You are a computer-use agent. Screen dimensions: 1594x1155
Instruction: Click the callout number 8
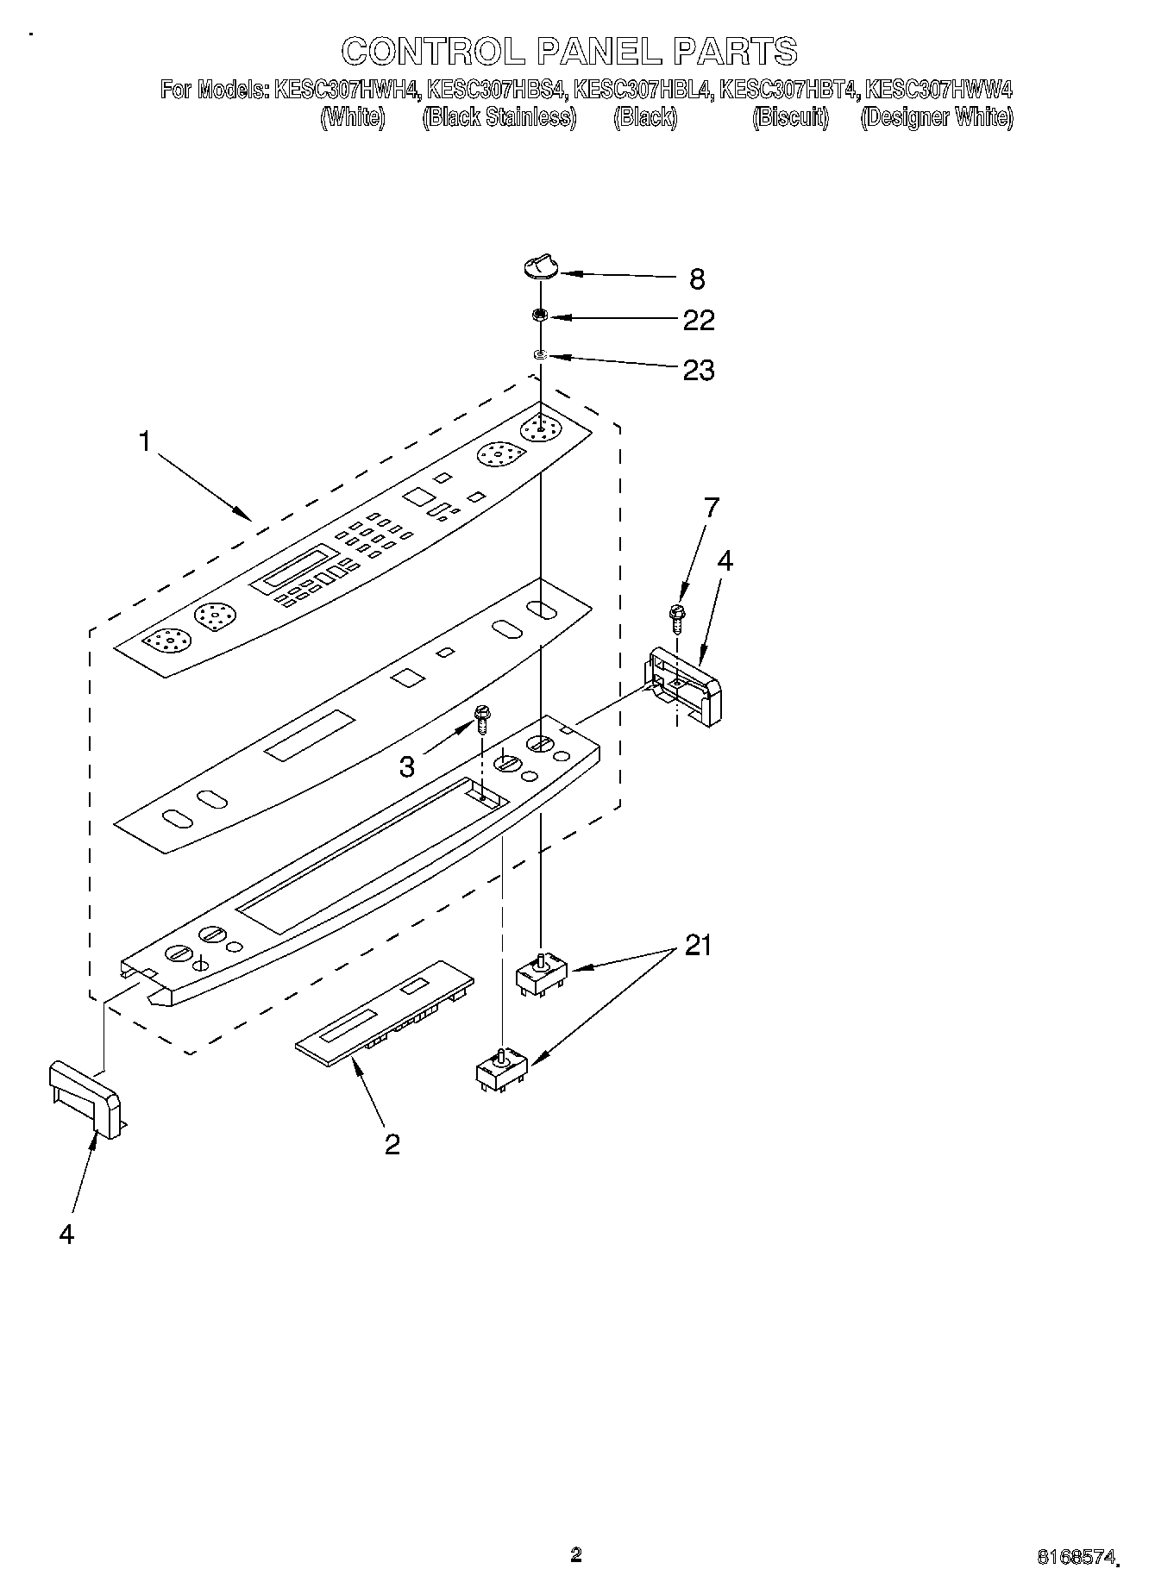coord(697,278)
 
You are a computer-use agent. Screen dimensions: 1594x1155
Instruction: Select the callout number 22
coord(698,320)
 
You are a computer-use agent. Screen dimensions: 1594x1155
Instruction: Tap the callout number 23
coord(698,370)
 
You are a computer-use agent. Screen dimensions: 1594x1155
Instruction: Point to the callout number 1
coord(145,441)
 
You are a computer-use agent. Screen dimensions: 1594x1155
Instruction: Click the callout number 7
coord(710,508)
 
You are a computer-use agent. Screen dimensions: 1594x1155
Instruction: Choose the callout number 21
coord(698,946)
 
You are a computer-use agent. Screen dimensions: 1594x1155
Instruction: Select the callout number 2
coord(392,1144)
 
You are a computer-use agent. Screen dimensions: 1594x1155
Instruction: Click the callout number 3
coord(407,766)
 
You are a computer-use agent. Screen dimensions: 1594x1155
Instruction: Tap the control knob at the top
coord(540,269)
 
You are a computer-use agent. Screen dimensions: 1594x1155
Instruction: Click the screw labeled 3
coord(482,717)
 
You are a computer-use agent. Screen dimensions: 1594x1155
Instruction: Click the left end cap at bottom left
coord(85,1100)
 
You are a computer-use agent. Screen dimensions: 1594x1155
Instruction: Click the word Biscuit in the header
coord(790,117)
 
